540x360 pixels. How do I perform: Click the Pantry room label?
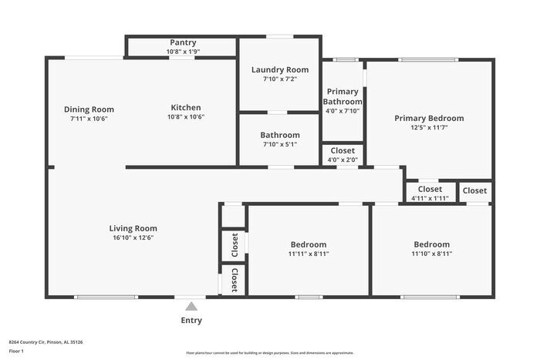tap(182, 42)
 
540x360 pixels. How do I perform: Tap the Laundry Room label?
tap(279, 69)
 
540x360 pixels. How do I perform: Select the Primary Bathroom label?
tap(343, 96)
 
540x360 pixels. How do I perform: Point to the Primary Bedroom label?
tap(429, 118)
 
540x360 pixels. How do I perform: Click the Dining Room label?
tap(89, 109)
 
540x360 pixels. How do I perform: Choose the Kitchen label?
tap(186, 108)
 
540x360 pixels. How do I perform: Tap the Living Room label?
tap(133, 228)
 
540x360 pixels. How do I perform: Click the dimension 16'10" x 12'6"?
tap(133, 238)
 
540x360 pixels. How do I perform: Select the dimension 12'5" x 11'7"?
tap(429, 128)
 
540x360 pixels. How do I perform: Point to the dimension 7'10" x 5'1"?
tap(279, 144)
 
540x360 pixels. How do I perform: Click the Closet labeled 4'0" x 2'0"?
tap(343, 150)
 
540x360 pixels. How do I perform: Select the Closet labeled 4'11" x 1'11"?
tap(430, 189)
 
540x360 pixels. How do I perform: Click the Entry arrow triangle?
tap(192, 306)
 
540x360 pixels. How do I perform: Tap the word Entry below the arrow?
tap(192, 321)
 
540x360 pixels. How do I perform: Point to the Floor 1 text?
tap(16, 351)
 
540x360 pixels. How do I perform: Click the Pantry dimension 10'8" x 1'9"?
tap(182, 52)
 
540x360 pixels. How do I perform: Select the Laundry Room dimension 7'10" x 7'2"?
tap(279, 79)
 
